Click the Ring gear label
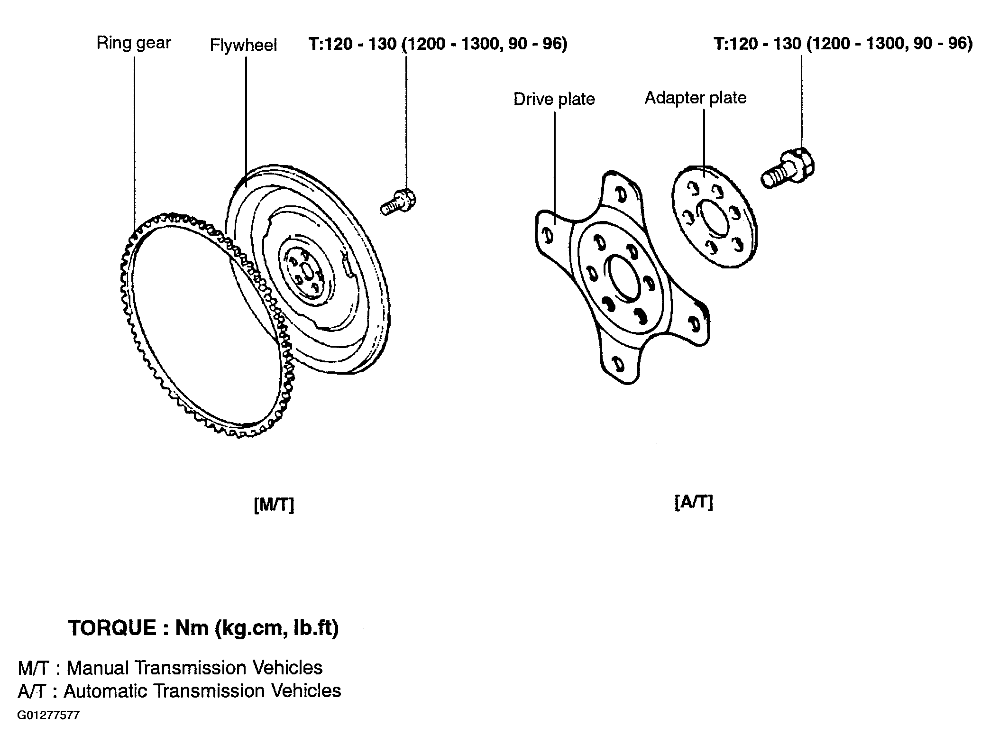coord(134,44)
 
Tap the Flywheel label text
coord(243,46)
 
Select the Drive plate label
coord(554,99)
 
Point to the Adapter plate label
coord(696,98)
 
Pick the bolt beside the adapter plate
coord(788,168)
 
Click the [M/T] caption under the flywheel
coord(274,505)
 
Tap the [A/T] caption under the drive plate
coord(694,502)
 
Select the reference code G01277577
coord(48,715)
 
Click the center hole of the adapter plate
coord(713,218)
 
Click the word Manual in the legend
coord(98,668)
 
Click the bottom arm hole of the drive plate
coord(618,365)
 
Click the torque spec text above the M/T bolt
coord(438,44)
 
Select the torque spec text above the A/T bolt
coord(843,44)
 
